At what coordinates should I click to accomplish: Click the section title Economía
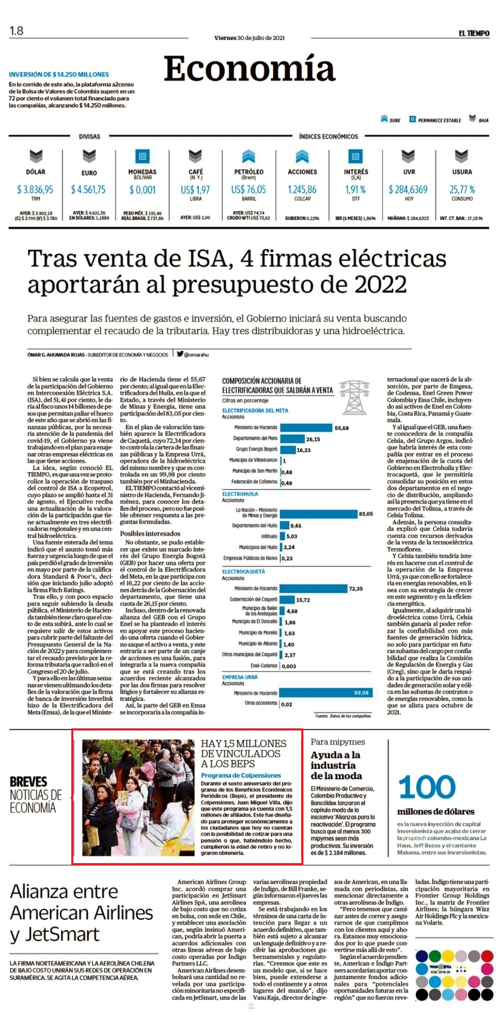[x=249, y=69]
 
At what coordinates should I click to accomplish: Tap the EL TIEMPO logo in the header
[x=474, y=34]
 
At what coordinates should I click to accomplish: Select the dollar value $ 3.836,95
[x=35, y=189]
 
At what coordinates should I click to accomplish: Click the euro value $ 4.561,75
[x=88, y=189]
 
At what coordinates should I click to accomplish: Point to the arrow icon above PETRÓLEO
[x=249, y=156]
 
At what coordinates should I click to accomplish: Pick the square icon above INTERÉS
[x=355, y=156]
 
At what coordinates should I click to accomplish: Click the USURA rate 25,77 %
[x=462, y=189]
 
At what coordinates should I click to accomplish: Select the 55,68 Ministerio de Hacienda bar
[x=306, y=427]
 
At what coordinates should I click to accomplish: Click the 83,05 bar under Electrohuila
[x=319, y=514]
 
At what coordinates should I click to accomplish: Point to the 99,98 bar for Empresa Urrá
[x=327, y=693]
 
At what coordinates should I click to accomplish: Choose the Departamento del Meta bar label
[x=255, y=439]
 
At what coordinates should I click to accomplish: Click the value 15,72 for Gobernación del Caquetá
[x=303, y=600]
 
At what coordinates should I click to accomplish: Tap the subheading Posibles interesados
[x=150, y=534]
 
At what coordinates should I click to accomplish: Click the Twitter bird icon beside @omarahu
[x=180, y=354]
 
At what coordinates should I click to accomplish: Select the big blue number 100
[x=427, y=787]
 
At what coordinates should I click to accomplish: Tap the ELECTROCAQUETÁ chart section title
[x=243, y=571]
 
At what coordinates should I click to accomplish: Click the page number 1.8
[x=17, y=31]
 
